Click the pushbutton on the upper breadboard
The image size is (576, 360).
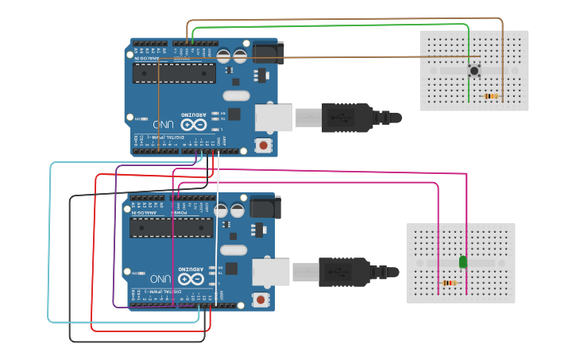[474, 70]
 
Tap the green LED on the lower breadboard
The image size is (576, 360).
[463, 261]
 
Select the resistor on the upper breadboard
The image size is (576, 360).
[493, 96]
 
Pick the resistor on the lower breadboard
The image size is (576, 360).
[450, 283]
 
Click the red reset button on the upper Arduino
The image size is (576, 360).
[263, 145]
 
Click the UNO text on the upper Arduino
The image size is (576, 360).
[164, 125]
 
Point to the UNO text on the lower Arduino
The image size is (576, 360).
[160, 279]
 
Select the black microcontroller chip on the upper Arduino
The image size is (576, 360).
[174, 73]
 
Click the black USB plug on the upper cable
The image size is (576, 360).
[346, 118]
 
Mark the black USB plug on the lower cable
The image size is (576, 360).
[343, 272]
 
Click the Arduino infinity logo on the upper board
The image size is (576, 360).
[193, 124]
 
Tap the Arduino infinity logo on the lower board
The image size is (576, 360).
[190, 278]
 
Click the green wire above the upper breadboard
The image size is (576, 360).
[334, 25]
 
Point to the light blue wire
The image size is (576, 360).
[51, 238]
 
